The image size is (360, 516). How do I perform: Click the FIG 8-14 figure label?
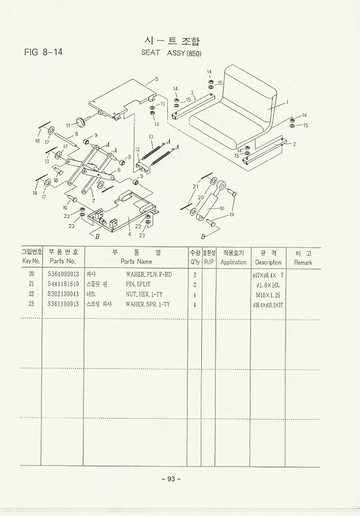pyautogui.click(x=43, y=52)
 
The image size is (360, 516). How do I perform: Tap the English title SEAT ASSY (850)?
pyautogui.click(x=171, y=53)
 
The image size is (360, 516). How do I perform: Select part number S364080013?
pyautogui.click(x=63, y=274)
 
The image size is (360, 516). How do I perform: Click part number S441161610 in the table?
pyautogui.click(x=63, y=284)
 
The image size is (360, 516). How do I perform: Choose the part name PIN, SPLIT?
pyautogui.click(x=138, y=284)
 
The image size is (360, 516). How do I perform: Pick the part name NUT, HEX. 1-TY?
pyautogui.click(x=144, y=294)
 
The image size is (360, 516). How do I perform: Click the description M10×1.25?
pyautogui.click(x=268, y=294)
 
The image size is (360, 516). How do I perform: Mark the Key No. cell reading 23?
pyautogui.click(x=31, y=304)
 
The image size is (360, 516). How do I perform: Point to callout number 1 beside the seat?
pyautogui.click(x=287, y=102)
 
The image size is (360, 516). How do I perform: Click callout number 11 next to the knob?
pyautogui.click(x=68, y=124)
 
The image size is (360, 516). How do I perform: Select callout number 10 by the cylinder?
pyautogui.click(x=222, y=208)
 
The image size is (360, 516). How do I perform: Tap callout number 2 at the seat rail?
pyautogui.click(x=294, y=144)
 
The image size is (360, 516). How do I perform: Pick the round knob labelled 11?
pyautogui.click(x=80, y=120)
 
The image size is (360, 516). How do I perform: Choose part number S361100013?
pyautogui.click(x=63, y=304)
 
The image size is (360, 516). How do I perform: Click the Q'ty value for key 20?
pyautogui.click(x=195, y=274)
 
